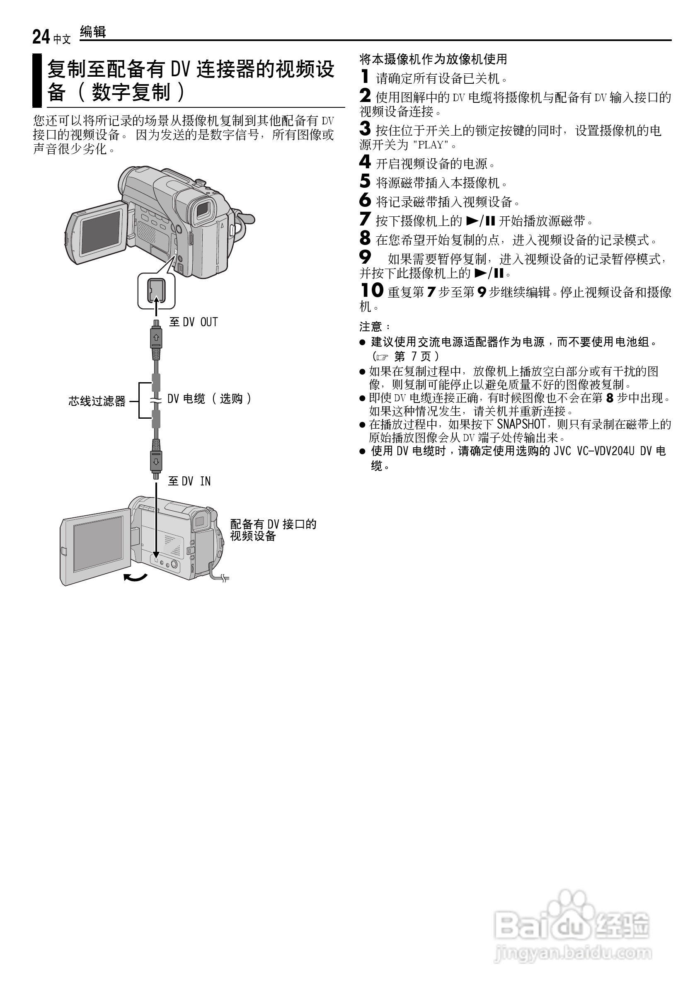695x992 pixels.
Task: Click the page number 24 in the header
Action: [x=41, y=37]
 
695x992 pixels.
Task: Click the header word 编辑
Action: [x=93, y=32]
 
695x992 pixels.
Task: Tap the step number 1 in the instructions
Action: [x=365, y=77]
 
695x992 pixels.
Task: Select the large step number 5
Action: [x=365, y=181]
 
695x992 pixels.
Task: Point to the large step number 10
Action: [x=372, y=290]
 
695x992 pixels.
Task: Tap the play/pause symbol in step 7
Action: [x=480, y=221]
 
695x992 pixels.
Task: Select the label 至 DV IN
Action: [x=189, y=481]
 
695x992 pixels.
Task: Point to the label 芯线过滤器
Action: [x=97, y=401]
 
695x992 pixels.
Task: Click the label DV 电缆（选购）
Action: [x=209, y=398]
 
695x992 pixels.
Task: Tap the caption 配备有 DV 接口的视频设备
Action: [x=273, y=530]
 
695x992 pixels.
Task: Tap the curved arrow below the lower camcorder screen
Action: [x=136, y=577]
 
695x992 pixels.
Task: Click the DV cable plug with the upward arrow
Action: [x=156, y=337]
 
